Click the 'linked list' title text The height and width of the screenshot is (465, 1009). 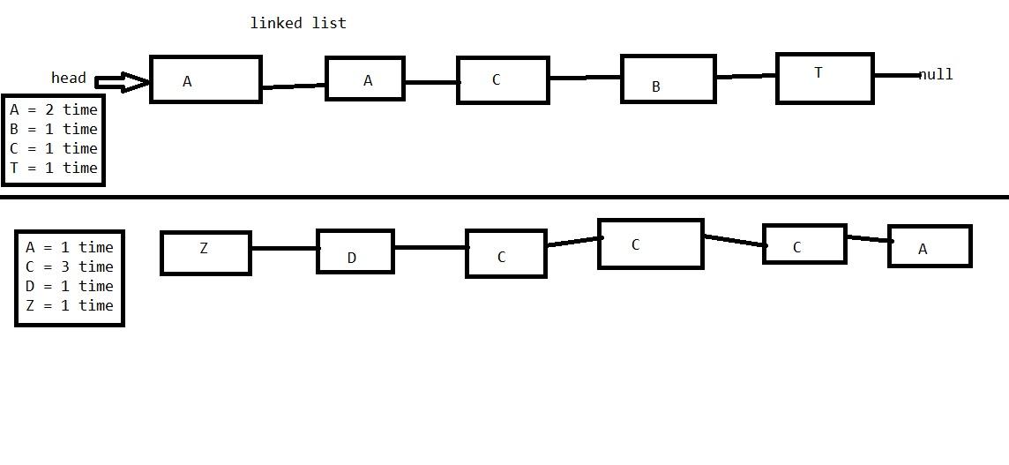[298, 23]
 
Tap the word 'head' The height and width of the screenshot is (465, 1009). [69, 78]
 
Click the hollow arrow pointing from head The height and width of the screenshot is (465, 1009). [122, 83]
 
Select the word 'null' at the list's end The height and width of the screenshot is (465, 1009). [936, 75]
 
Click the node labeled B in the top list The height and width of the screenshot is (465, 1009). [668, 79]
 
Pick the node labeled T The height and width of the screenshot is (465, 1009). [825, 79]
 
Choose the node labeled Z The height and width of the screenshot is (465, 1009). [206, 253]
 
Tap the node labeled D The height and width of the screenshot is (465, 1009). [355, 251]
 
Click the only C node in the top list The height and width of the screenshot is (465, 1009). [503, 80]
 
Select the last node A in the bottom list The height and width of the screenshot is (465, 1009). [930, 246]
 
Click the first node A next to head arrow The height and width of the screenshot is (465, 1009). [206, 79]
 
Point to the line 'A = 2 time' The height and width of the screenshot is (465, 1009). [54, 110]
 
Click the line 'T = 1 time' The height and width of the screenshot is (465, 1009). [54, 168]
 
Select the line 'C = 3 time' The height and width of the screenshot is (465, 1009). [70, 266]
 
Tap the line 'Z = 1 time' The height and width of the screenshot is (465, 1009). [70, 305]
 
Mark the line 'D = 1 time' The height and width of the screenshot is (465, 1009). [70, 286]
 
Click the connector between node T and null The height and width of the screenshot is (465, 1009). [896, 76]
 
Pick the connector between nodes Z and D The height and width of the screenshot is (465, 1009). [284, 248]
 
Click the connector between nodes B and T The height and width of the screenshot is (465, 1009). [746, 77]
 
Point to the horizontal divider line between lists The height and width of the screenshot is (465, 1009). [504, 197]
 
